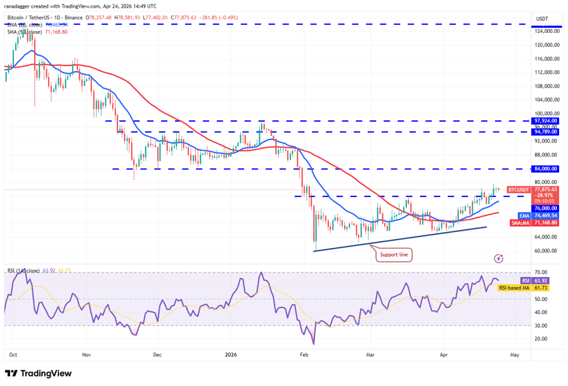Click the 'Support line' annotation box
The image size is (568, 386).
click(x=394, y=255)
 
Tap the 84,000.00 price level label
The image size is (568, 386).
click(x=545, y=169)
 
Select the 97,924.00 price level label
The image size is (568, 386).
click(x=545, y=120)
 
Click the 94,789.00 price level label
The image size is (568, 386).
click(x=545, y=132)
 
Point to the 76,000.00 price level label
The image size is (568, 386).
click(x=545, y=208)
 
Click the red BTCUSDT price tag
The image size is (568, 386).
click(x=519, y=190)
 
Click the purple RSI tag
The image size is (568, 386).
click(x=525, y=280)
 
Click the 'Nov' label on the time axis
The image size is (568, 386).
click(x=87, y=355)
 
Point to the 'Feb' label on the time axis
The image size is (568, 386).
click(x=304, y=355)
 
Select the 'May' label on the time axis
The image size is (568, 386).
click(x=515, y=355)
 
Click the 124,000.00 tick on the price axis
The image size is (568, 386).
click(x=546, y=31)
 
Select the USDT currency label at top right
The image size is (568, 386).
click(x=542, y=19)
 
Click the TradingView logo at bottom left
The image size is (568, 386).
click(x=38, y=373)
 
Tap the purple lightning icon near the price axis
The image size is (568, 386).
click(x=499, y=259)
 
